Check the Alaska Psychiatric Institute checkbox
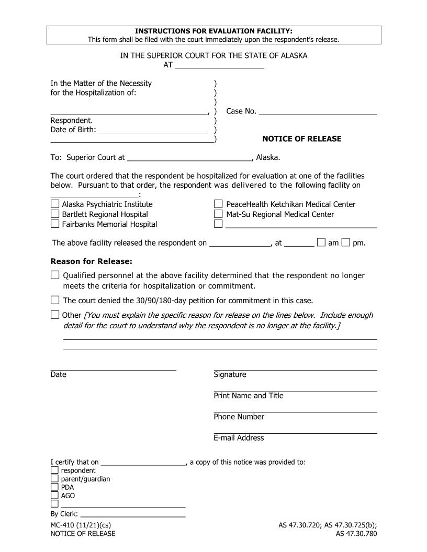tap(55, 204)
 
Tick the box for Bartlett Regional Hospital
tap(55, 214)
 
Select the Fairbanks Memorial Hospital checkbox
tap(55, 224)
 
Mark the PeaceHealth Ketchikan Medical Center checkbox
tap(219, 204)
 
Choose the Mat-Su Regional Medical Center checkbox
tap(219, 214)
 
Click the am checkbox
tap(321, 242)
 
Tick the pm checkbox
tap(345, 242)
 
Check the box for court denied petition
tap(55, 300)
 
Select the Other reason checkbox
tap(55, 315)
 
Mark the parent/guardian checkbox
tap(54, 479)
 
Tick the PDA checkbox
tap(54, 487)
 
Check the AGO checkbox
tap(54, 496)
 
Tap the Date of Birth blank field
tap(153, 130)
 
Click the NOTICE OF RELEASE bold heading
tap(301, 139)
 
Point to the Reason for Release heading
tap(91, 261)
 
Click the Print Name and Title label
tap(249, 396)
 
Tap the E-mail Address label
tap(239, 438)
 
